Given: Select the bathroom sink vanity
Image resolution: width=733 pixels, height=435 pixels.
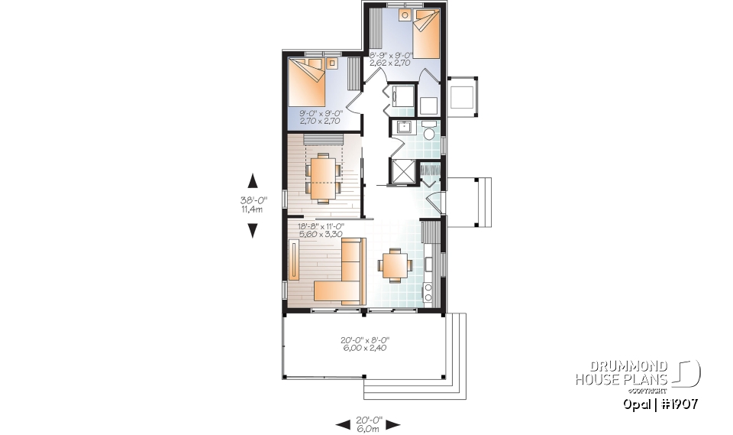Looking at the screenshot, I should click(402, 127).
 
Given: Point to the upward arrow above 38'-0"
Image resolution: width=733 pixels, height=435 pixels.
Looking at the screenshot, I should click(253, 180).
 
